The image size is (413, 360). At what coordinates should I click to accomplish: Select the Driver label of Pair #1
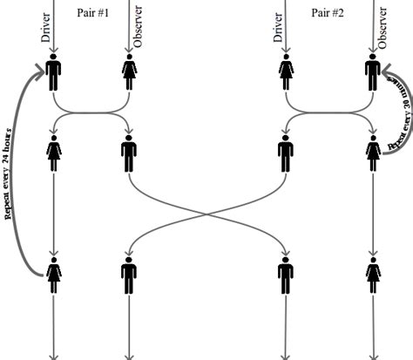[46, 27]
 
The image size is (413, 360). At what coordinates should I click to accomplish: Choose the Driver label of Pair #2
[278, 27]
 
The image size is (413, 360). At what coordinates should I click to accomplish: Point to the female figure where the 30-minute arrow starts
[373, 155]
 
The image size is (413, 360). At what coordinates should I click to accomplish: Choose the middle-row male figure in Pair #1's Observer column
[129, 155]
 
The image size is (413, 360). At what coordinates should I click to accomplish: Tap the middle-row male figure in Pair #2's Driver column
[285, 155]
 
